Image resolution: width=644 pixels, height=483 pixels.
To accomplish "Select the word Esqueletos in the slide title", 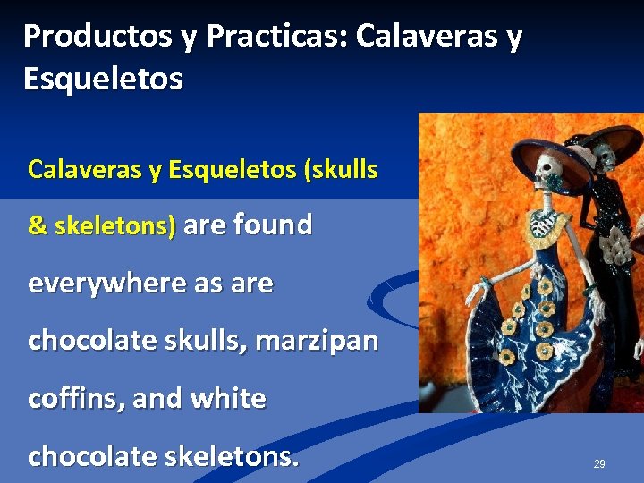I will (103, 79).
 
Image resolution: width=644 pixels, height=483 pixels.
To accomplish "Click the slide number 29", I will (599, 464).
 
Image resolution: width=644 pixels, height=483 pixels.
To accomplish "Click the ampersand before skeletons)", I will (38, 226).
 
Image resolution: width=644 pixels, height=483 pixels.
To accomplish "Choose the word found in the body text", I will (273, 225).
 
